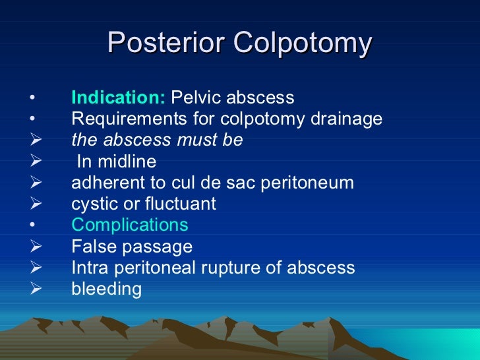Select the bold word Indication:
tap(119, 98)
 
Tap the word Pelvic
tap(196, 98)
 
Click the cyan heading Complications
tap(129, 225)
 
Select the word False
tap(90, 247)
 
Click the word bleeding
tap(106, 289)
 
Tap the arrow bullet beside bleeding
tap(37, 289)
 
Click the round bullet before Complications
tap(32, 225)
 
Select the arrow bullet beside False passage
tap(37, 247)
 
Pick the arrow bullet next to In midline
tap(37, 162)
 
